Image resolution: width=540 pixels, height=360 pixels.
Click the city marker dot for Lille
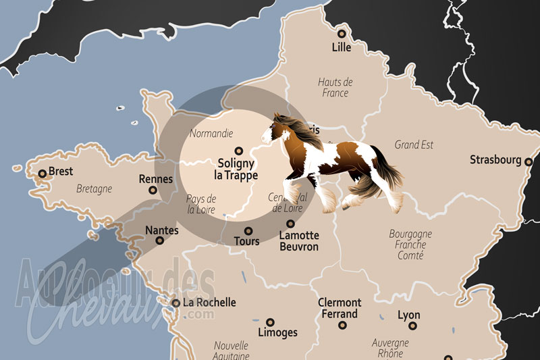coord(342,33)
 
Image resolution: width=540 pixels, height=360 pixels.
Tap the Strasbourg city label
coord(495,160)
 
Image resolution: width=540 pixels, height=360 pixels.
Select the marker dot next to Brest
coord(42,174)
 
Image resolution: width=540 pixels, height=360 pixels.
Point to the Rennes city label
coord(155,180)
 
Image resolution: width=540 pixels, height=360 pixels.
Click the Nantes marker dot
coord(160,240)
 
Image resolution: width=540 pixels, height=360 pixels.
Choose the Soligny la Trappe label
coord(236,169)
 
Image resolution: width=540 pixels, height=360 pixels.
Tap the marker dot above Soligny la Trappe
coord(237,151)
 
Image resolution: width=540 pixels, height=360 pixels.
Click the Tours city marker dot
coord(248,230)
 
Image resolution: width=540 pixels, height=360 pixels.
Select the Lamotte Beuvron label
coord(299,240)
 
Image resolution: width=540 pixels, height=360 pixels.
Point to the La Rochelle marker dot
coord(175,303)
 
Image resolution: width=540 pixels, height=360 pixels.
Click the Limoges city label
coord(277,332)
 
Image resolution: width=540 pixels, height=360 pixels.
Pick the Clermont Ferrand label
coord(340,308)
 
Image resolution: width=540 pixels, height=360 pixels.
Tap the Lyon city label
coord(408,315)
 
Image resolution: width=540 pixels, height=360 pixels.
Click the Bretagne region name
coord(94,189)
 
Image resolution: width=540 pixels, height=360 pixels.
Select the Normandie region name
coord(211,134)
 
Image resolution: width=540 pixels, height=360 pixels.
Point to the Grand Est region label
coord(414,145)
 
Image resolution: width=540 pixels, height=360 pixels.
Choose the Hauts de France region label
coord(335,88)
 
